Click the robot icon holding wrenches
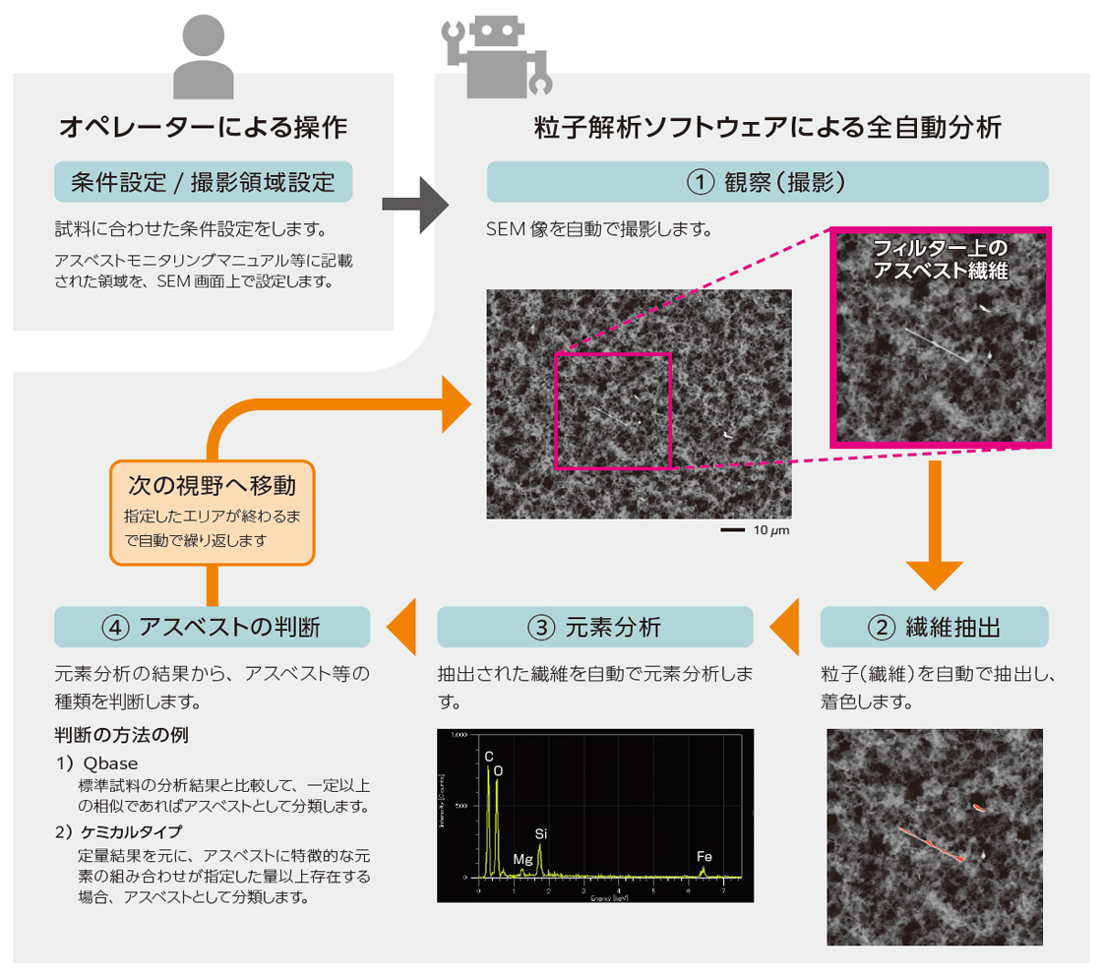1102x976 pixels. [x=497, y=57]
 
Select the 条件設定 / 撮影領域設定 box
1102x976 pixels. [x=204, y=182]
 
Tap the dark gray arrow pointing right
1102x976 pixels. [x=413, y=205]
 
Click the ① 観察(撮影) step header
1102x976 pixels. [x=766, y=182]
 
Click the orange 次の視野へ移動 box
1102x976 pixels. [x=212, y=512]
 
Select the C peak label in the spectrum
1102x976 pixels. [x=488, y=756]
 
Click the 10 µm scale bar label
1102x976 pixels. [x=771, y=530]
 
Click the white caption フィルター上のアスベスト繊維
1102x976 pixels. [x=942, y=258]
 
